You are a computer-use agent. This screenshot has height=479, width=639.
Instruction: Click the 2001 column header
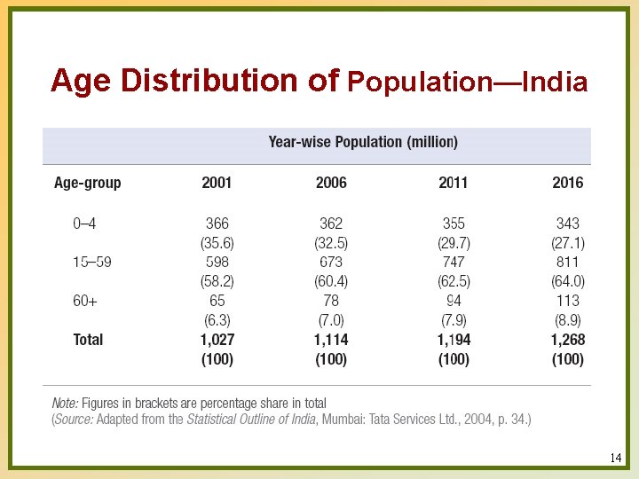coord(217,183)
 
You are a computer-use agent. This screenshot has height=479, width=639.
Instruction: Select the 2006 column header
coord(331,183)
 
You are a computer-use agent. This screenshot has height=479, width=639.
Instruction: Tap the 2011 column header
coord(454,183)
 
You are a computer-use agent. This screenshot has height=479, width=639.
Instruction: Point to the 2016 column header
coord(567,183)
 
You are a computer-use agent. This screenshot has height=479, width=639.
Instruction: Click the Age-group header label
coord(87,183)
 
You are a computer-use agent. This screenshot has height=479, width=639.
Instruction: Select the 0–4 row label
coord(84,224)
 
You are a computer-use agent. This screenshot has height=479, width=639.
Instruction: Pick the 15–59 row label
coord(91,262)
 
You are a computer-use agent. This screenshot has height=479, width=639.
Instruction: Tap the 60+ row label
coord(85,301)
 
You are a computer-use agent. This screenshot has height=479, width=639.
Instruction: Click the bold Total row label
coord(88,340)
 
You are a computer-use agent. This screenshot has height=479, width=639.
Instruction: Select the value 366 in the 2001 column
coord(217,224)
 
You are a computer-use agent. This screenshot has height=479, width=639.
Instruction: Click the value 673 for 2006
coord(331,262)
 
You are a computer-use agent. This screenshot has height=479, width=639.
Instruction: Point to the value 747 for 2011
coord(454,262)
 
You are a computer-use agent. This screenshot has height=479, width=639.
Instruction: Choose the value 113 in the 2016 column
coord(567,301)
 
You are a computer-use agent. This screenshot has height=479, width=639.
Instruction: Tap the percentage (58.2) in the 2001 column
coord(217,281)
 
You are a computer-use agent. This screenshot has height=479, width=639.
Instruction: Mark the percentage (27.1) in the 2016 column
coord(567,242)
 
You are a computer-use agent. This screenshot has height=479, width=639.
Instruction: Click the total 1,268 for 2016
coord(567,340)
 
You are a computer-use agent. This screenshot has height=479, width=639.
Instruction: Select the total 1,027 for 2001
coord(217,340)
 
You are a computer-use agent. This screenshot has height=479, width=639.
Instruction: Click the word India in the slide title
coord(555,83)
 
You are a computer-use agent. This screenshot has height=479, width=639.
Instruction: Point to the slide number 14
coord(616,459)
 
